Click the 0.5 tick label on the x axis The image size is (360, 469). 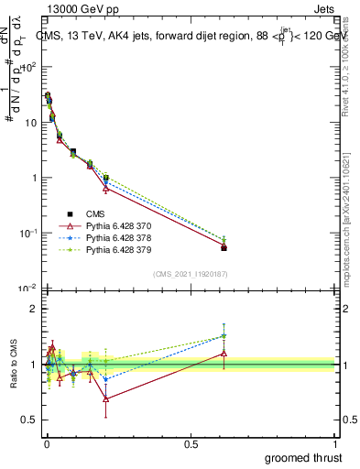[x=191, y=443]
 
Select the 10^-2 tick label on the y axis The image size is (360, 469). [x=28, y=289]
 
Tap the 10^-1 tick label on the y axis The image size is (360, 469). [x=28, y=234]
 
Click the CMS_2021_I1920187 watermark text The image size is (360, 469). [x=190, y=274]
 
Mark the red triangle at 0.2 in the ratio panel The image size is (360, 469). [x=106, y=398]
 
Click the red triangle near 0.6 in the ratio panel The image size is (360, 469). [x=224, y=353]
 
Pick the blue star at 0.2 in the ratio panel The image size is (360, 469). [x=106, y=378]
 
